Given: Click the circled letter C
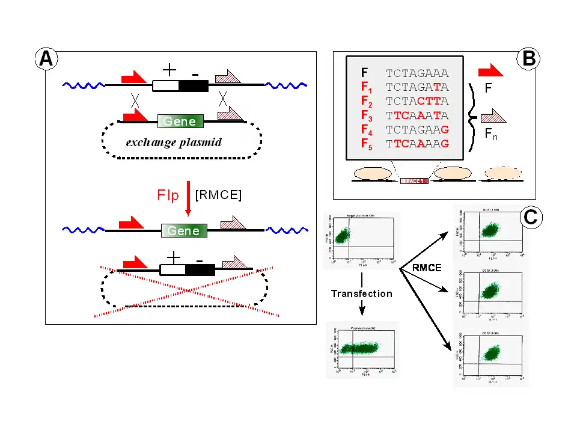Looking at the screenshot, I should (530, 216).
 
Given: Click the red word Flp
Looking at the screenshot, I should (168, 196).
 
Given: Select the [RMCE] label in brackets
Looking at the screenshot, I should (219, 195).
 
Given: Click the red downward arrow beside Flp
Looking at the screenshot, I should (188, 200).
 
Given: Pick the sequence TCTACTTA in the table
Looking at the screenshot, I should (417, 101).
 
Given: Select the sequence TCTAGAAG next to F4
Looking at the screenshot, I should (417, 129).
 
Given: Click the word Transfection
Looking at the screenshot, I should (361, 293).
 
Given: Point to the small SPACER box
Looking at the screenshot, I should (414, 180).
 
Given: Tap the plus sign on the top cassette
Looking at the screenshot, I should (169, 70).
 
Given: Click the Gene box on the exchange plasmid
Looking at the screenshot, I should (180, 121).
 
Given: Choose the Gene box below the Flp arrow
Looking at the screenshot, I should (184, 231).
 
